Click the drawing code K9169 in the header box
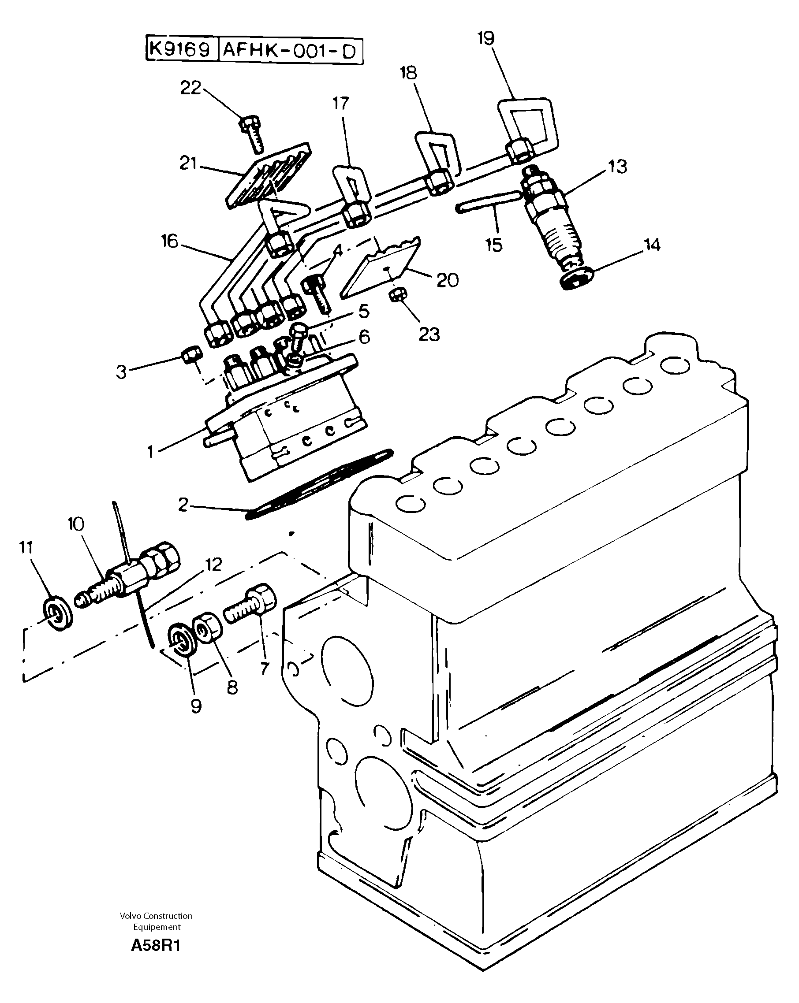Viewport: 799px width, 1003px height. pyautogui.click(x=181, y=49)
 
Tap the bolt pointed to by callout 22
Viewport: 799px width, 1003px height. pyautogui.click(x=252, y=134)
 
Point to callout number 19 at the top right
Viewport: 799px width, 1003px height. pyautogui.click(x=485, y=39)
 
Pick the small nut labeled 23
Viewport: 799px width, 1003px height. pyautogui.click(x=398, y=294)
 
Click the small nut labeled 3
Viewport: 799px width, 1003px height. pyautogui.click(x=191, y=357)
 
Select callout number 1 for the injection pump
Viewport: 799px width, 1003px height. pyautogui.click(x=150, y=451)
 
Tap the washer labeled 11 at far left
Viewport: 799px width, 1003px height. pyautogui.click(x=57, y=615)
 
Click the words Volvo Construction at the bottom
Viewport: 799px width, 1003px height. pyautogui.click(x=156, y=916)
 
